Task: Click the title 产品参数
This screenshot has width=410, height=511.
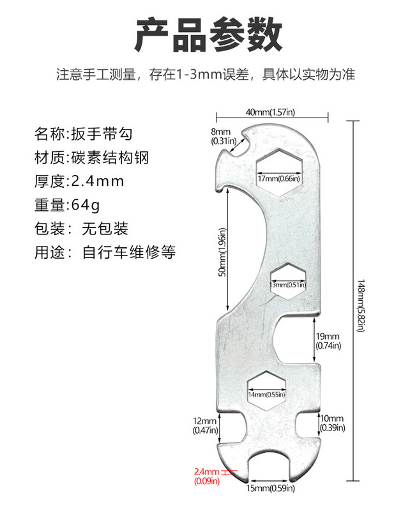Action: pos(208,34)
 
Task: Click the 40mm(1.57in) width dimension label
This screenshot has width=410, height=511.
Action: pos(273,112)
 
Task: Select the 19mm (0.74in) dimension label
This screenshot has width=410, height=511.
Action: pos(329,340)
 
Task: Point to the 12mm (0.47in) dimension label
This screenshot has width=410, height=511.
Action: pos(205,425)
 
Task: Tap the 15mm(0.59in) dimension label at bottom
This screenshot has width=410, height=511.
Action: pos(271,489)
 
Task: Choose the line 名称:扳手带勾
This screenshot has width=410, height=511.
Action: pos(85,134)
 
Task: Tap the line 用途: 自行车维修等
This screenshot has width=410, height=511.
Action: pos(104,252)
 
